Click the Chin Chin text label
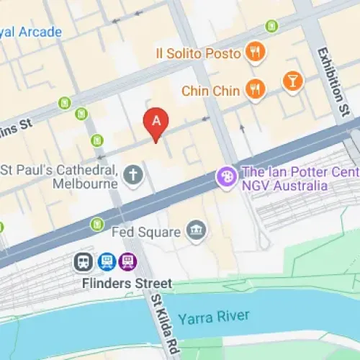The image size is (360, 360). (x=211, y=90)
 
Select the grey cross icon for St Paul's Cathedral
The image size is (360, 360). (x=132, y=173)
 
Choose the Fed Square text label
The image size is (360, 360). (x=146, y=232)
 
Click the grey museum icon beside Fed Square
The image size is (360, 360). (x=194, y=231)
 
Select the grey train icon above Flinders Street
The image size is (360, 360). (x=84, y=262)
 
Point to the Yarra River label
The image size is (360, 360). (x=214, y=317)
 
